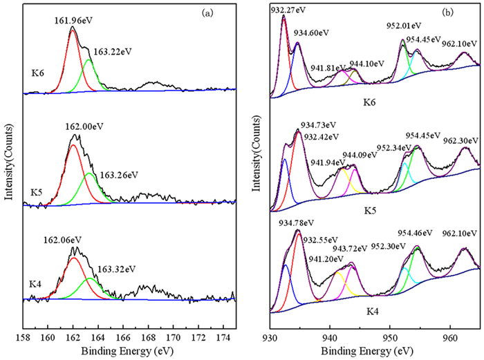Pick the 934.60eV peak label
point(314,32)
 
